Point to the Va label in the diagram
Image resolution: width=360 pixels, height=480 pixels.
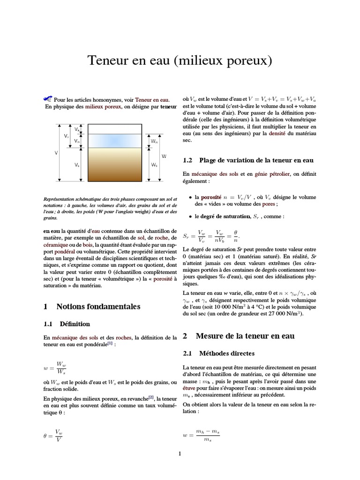click(77, 128)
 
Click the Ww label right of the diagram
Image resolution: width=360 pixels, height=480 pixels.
click(154, 141)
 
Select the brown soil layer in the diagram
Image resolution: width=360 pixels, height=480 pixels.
click(114, 164)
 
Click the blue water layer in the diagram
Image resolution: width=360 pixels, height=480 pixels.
click(114, 140)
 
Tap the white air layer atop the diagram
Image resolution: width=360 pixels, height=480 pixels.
click(114, 129)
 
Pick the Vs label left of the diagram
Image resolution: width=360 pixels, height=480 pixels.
click(77, 165)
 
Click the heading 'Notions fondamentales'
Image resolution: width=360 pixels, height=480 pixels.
click(98, 307)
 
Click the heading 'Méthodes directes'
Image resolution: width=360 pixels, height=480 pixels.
click(227, 353)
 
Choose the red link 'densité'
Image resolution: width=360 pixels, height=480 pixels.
click(277, 134)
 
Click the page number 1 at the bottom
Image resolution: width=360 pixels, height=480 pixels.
click(180, 454)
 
